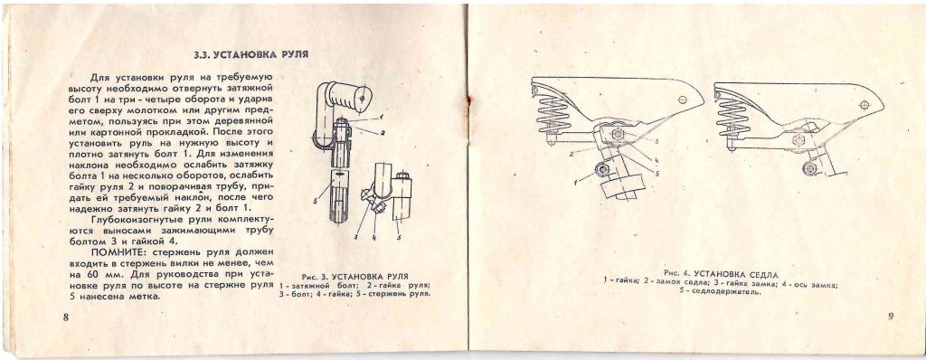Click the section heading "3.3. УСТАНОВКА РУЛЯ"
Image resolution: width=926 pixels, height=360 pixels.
pyautogui.click(x=251, y=55)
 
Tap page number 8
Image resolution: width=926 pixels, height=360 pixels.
pyautogui.click(x=66, y=317)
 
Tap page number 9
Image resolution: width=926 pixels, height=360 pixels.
pyautogui.click(x=890, y=315)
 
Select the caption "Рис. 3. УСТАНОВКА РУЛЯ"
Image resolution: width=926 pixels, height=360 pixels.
pyautogui.click(x=354, y=277)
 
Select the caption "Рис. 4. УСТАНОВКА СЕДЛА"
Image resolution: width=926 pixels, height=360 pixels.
pyautogui.click(x=721, y=274)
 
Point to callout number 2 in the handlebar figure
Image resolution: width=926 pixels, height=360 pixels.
pyautogui.click(x=383, y=133)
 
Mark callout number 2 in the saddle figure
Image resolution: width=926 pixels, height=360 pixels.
pyautogui.click(x=572, y=153)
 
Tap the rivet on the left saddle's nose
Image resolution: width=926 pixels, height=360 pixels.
pyautogui.click(x=684, y=100)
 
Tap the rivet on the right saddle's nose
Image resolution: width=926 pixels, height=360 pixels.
pyautogui.click(x=865, y=105)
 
